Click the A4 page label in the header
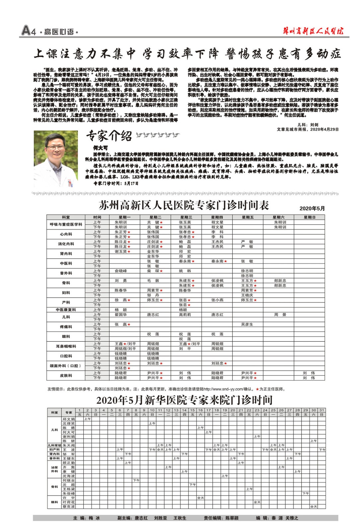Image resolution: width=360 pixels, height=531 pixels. pyautogui.click(x=28, y=31)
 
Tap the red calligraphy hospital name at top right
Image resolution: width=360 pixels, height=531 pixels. pyautogui.click(x=313, y=31)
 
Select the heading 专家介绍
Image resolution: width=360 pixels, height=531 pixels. pyautogui.click(x=109, y=135)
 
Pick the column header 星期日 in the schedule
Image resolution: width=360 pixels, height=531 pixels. pyautogui.click(x=309, y=217)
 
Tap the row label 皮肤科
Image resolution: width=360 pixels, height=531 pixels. pyautogui.click(x=66, y=375)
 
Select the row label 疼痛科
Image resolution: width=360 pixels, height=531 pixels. pyautogui.click(x=66, y=327)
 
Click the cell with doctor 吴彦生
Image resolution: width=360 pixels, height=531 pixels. pyautogui.click(x=247, y=324)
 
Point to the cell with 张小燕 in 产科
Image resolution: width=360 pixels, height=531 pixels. pyautogui.click(x=217, y=300)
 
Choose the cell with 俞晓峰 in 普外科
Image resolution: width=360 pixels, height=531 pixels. pyautogui.click(x=120, y=271)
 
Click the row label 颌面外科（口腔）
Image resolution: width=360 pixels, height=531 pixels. pyautogui.click(x=66, y=366)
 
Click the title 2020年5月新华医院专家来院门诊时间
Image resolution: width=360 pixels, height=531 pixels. pyautogui.click(x=184, y=400)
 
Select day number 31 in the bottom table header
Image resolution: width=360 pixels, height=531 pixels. pyautogui.click(x=321, y=410)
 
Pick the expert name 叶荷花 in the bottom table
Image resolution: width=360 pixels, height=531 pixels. pyautogui.click(x=69, y=502)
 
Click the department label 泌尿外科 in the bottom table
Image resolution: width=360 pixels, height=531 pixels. pyautogui.click(x=54, y=469)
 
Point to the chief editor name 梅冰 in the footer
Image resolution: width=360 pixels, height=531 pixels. pyautogui.click(x=94, y=518)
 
